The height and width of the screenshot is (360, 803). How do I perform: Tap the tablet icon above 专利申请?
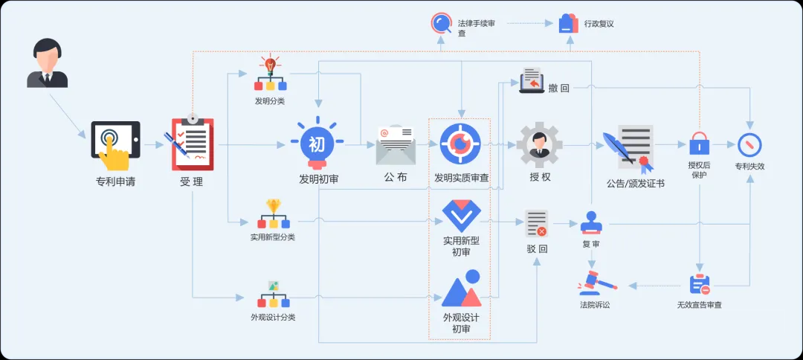tap(115, 140)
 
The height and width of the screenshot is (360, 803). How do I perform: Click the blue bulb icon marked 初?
tap(317, 141)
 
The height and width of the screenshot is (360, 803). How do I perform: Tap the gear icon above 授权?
tap(540, 145)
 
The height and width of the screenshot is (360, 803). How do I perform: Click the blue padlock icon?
tap(699, 144)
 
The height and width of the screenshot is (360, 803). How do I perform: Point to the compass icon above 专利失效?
tap(749, 144)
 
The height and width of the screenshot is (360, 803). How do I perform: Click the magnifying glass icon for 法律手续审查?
tap(442, 23)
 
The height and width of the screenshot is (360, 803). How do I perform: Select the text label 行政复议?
tap(599, 24)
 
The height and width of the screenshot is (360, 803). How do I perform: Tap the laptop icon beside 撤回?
tap(531, 80)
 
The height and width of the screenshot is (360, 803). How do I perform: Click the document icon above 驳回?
tap(536, 222)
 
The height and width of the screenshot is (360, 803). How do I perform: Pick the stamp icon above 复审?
tap(592, 222)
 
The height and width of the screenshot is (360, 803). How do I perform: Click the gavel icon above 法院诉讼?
tap(594, 283)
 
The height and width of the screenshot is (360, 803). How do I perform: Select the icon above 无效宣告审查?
tap(699, 285)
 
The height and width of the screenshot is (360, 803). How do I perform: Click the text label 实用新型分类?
tap(273, 237)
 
